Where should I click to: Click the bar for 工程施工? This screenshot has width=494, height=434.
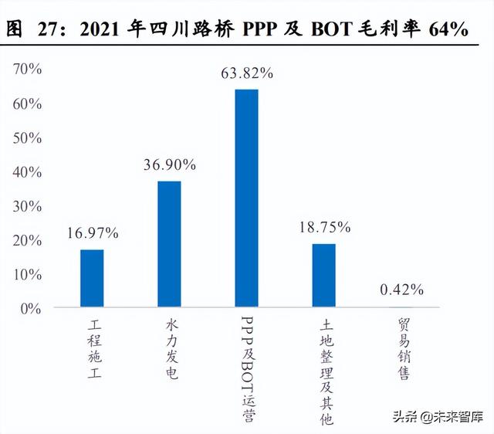click(x=92, y=279)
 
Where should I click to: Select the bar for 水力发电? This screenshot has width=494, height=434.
click(x=169, y=245)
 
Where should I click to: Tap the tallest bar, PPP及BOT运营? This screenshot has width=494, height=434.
click(x=246, y=198)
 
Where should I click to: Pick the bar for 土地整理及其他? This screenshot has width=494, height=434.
click(x=324, y=276)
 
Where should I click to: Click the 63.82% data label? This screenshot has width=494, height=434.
click(x=247, y=74)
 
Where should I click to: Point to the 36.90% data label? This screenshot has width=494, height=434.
click(x=170, y=165)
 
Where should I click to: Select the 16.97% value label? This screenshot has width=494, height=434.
click(x=92, y=232)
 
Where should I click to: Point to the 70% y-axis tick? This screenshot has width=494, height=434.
click(x=29, y=70)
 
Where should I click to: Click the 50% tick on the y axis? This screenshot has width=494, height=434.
click(x=29, y=137)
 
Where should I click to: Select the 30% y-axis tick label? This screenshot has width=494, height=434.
click(x=29, y=206)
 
